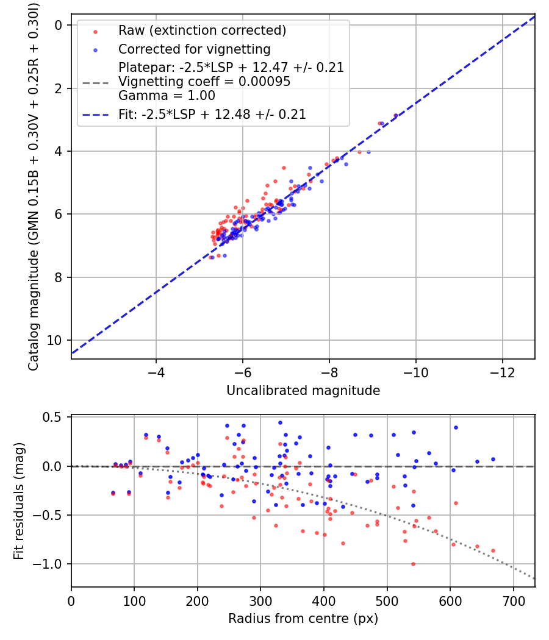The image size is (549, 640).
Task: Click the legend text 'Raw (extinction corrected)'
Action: (202, 30)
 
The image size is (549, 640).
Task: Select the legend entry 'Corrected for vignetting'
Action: (195, 49)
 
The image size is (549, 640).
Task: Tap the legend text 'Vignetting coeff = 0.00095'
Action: (204, 82)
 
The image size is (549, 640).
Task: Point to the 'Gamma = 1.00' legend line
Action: (167, 96)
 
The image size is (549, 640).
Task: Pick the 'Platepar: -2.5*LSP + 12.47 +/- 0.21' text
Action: (231, 67)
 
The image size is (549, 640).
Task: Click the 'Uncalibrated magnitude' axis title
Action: (303, 391)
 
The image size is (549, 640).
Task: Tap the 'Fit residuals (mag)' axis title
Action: (19, 501)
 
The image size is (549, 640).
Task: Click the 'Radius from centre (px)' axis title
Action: (303, 619)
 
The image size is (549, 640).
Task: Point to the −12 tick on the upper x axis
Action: (503, 372)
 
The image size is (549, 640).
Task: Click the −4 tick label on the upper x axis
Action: (156, 372)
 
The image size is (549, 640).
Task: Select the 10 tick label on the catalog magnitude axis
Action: (54, 340)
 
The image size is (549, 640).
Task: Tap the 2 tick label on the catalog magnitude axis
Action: (59, 88)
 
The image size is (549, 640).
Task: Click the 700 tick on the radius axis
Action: (513, 601)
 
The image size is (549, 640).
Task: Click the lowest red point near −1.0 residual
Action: (413, 564)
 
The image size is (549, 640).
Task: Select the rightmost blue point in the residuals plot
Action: (493, 459)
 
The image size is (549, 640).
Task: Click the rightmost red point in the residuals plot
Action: (493, 550)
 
